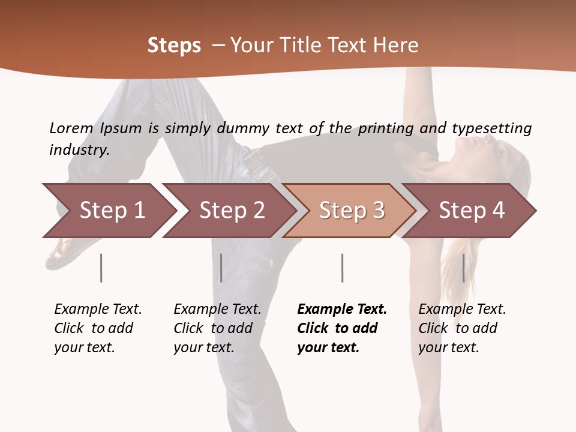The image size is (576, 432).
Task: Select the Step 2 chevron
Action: (230, 211)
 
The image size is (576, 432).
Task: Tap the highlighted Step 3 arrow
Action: (350, 211)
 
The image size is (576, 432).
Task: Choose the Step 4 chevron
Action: (470, 211)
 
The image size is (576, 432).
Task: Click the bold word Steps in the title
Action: (174, 46)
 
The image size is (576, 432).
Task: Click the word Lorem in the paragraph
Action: (71, 128)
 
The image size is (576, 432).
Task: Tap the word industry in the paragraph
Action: (79, 150)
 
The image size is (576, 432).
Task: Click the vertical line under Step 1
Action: (101, 268)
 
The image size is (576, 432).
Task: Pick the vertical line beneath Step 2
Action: (221, 268)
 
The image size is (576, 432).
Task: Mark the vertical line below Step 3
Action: (342, 268)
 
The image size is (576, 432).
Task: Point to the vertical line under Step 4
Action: (463, 268)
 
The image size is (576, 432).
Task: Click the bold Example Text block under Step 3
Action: (342, 328)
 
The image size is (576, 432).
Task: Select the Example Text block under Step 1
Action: (98, 328)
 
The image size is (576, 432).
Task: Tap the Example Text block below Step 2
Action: (217, 328)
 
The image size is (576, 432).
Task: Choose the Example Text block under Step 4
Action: (462, 328)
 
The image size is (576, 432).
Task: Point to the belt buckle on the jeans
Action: (253, 158)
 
